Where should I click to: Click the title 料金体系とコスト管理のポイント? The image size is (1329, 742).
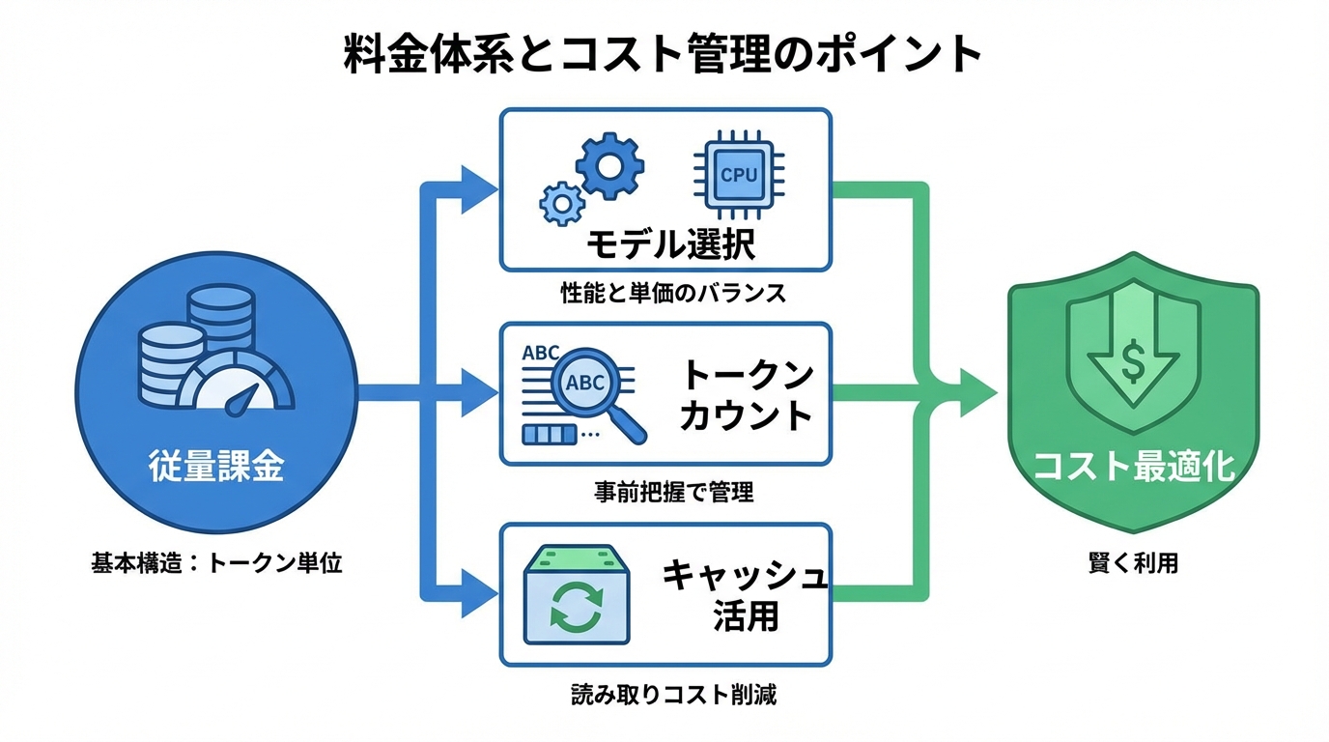[664, 55]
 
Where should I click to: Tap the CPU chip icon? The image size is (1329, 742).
[740, 174]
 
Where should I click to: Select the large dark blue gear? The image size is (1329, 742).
[609, 166]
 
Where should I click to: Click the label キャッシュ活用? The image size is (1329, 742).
[745, 594]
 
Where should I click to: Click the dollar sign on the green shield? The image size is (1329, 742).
[1132, 362]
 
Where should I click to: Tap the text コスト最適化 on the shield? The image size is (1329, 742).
[1133, 467]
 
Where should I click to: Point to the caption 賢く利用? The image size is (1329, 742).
[1133, 563]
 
